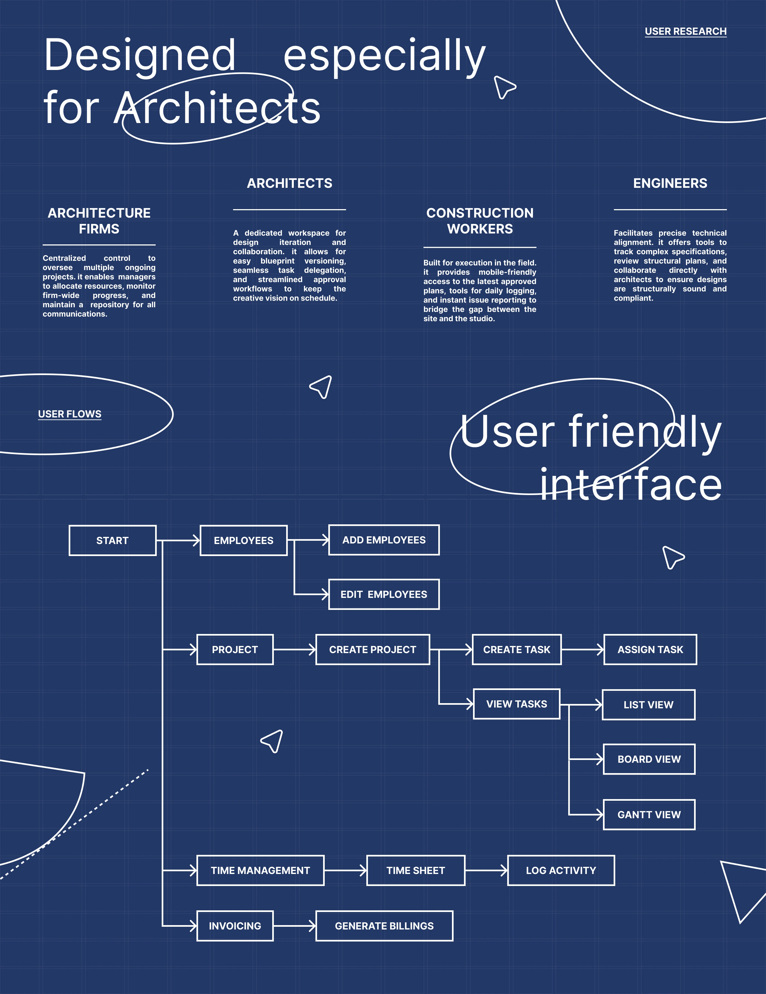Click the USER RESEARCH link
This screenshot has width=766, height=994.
685,31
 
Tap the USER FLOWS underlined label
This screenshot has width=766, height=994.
70,414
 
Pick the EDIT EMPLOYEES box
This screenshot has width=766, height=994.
384,594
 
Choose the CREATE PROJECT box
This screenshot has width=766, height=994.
373,650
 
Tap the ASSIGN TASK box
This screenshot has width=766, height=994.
650,650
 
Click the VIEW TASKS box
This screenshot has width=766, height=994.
517,704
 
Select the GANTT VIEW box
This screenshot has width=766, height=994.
649,815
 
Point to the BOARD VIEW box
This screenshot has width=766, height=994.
649,759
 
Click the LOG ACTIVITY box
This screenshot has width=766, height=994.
561,870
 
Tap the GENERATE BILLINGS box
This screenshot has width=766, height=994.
384,926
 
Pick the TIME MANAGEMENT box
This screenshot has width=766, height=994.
260,870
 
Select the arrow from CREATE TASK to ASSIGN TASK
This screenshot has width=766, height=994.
583,650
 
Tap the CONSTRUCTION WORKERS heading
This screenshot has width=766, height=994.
480,221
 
